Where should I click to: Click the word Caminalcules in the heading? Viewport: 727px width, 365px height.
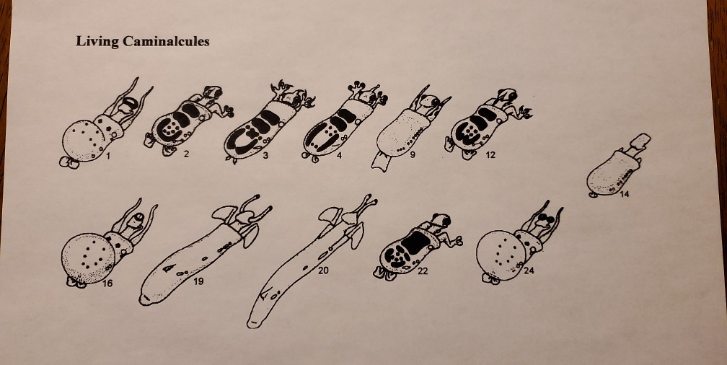tap(166, 41)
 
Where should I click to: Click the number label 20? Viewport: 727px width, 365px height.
tap(322, 271)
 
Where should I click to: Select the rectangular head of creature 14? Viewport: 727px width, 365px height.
tap(640, 139)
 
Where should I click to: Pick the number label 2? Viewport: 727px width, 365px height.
tap(185, 154)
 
